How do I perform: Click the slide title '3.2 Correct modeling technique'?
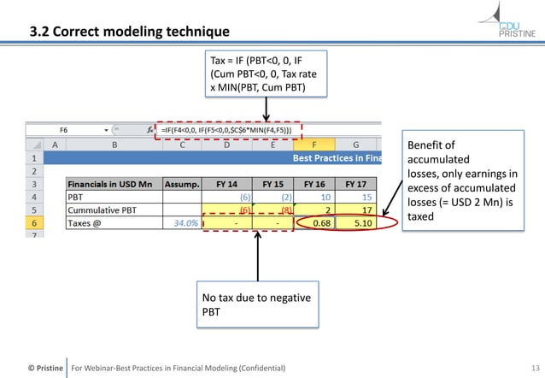coord(129,32)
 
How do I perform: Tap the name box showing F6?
coord(64,130)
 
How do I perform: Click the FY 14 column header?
coord(226,183)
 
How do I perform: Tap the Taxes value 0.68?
coord(321,222)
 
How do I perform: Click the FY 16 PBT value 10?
coord(325,196)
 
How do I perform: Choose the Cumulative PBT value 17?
coord(365,209)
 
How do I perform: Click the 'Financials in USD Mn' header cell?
coord(115,183)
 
